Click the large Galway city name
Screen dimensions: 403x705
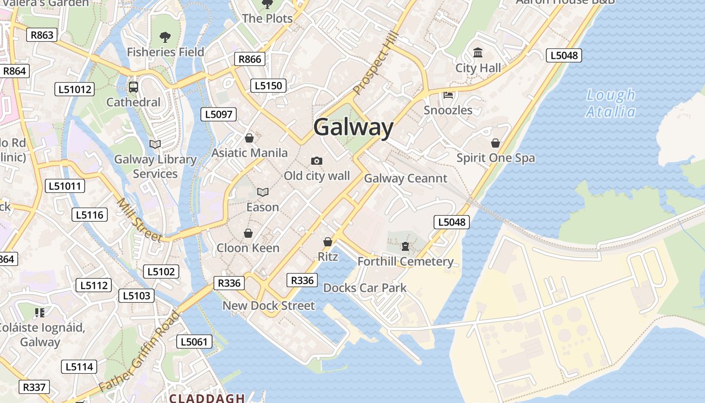(353, 127)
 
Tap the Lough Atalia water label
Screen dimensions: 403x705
(611, 103)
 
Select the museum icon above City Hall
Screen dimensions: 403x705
(478, 52)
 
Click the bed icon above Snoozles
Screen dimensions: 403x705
(448, 95)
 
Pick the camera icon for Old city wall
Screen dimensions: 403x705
(316, 161)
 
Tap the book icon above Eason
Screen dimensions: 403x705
(262, 192)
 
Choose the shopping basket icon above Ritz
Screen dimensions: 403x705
(328, 242)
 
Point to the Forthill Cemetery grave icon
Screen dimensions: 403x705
(405, 246)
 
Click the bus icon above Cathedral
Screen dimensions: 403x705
(133, 87)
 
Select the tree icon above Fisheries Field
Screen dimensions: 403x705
(165, 37)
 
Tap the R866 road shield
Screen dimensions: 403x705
(250, 59)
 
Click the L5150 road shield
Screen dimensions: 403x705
(268, 86)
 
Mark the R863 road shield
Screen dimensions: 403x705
(42, 35)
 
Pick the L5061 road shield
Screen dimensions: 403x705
(194, 342)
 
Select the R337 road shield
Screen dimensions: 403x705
(34, 387)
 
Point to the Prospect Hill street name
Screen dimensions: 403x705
(376, 64)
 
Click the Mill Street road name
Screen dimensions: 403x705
(139, 220)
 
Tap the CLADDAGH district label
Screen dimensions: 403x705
(207, 398)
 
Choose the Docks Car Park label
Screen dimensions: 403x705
(365, 288)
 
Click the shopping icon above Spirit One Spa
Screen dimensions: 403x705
(496, 143)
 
